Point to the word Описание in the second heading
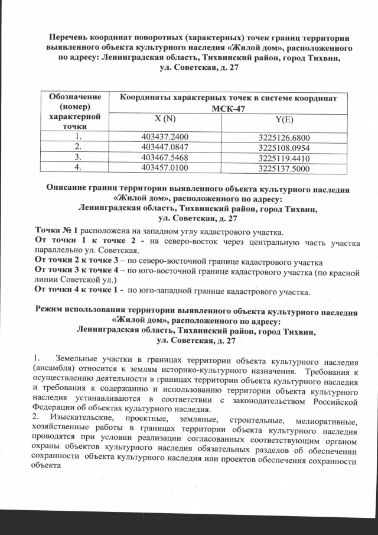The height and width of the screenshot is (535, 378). pos(70,189)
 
